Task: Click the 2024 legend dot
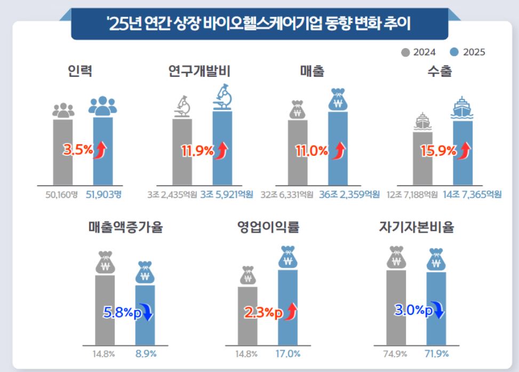[x=405, y=52]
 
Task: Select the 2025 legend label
[x=474, y=52]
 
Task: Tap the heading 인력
[x=80, y=71]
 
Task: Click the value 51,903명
[x=103, y=194]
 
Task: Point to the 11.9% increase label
[x=197, y=151]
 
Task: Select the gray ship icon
[x=422, y=122]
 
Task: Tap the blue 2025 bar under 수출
[x=463, y=153]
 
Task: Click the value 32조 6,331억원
[x=286, y=194]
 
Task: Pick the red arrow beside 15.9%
[x=464, y=151]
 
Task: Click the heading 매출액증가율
[x=126, y=227]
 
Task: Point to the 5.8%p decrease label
[x=123, y=312]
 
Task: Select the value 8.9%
[x=146, y=354]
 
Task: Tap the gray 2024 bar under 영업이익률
[x=247, y=316]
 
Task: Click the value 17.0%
[x=288, y=354]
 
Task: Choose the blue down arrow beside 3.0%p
[x=439, y=310]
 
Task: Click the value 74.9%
[x=395, y=354]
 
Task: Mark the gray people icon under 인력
[x=63, y=110]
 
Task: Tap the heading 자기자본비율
[x=417, y=227]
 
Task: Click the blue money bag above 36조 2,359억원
[x=338, y=99]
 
